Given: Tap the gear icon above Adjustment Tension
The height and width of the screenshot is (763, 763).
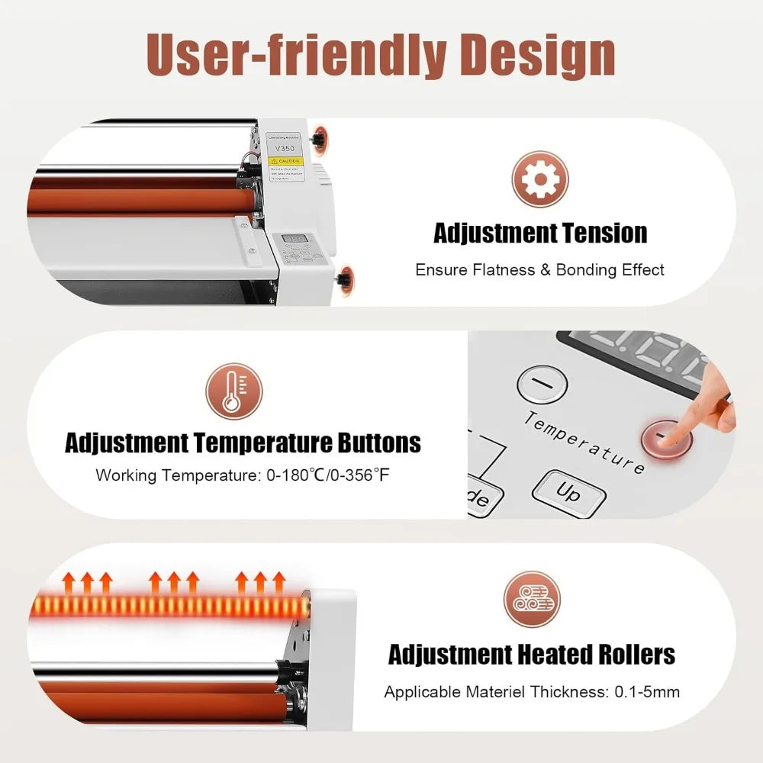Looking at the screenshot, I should coord(540,179).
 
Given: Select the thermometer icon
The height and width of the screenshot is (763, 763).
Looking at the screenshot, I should coord(234,391).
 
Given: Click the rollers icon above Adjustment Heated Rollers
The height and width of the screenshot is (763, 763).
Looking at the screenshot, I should coord(532,599).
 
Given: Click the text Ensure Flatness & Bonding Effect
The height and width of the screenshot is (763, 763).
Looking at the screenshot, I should coord(539,269).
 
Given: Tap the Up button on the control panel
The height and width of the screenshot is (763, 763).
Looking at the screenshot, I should coord(568,494).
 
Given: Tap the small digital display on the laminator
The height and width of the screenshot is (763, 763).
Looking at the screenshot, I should coord(294,240).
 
